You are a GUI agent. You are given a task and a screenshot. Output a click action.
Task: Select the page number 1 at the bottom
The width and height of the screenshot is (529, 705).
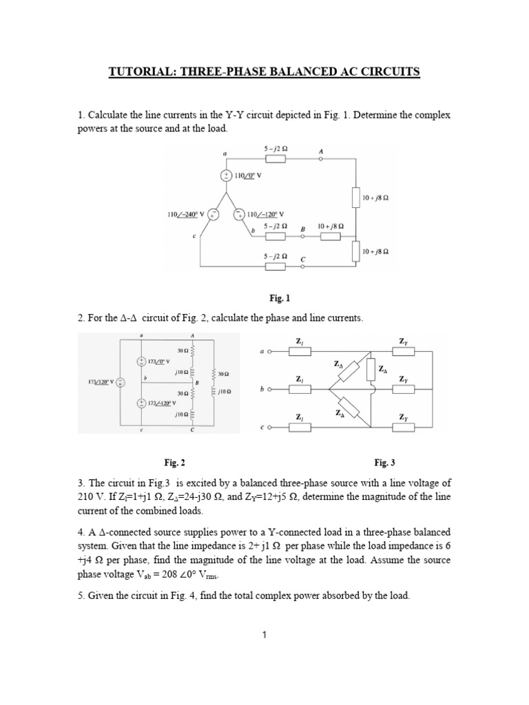(264, 635)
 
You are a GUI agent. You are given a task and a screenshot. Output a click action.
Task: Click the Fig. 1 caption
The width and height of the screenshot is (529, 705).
(280, 298)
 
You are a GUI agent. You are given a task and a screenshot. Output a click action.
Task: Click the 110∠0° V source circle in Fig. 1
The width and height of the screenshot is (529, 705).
(226, 176)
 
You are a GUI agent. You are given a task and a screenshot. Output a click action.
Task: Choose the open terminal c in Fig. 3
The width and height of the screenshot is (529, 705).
(269, 427)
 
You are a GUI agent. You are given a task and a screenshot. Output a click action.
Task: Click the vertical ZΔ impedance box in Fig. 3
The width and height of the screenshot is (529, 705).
(371, 368)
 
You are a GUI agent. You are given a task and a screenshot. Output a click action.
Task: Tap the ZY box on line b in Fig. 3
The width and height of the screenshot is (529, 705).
(404, 389)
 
